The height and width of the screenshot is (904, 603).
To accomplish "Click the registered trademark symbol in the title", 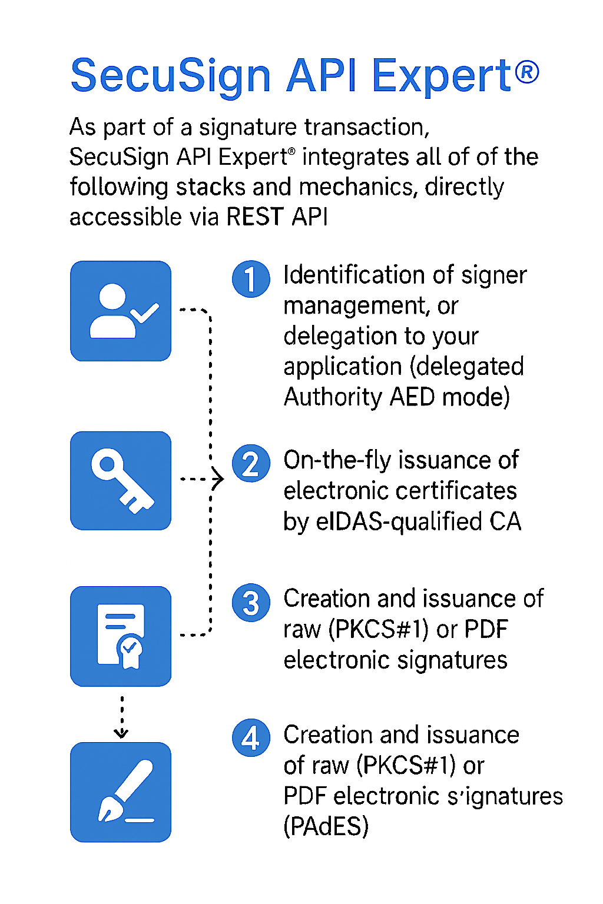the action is [528, 72].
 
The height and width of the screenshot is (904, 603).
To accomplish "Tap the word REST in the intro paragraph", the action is [254, 217].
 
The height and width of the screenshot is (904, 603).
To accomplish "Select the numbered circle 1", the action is [251, 279].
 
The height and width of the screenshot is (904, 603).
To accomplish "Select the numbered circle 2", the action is [251, 463].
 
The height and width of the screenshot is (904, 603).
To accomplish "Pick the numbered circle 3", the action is [251, 603].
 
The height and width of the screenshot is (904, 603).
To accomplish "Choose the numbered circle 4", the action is [251, 737].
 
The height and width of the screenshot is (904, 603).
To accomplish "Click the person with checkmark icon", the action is [121, 311].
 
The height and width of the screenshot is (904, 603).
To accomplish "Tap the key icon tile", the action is [121, 481].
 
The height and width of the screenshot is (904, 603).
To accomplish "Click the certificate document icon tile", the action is [121, 636].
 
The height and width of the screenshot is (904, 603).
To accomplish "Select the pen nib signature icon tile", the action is [121, 792].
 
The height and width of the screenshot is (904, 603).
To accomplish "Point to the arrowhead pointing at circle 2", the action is [218, 479].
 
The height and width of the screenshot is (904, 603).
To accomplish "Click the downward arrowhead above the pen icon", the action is [121, 733].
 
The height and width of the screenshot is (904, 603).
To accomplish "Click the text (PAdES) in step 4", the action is [326, 826].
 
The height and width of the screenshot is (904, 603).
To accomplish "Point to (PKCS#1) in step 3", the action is [377, 629].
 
